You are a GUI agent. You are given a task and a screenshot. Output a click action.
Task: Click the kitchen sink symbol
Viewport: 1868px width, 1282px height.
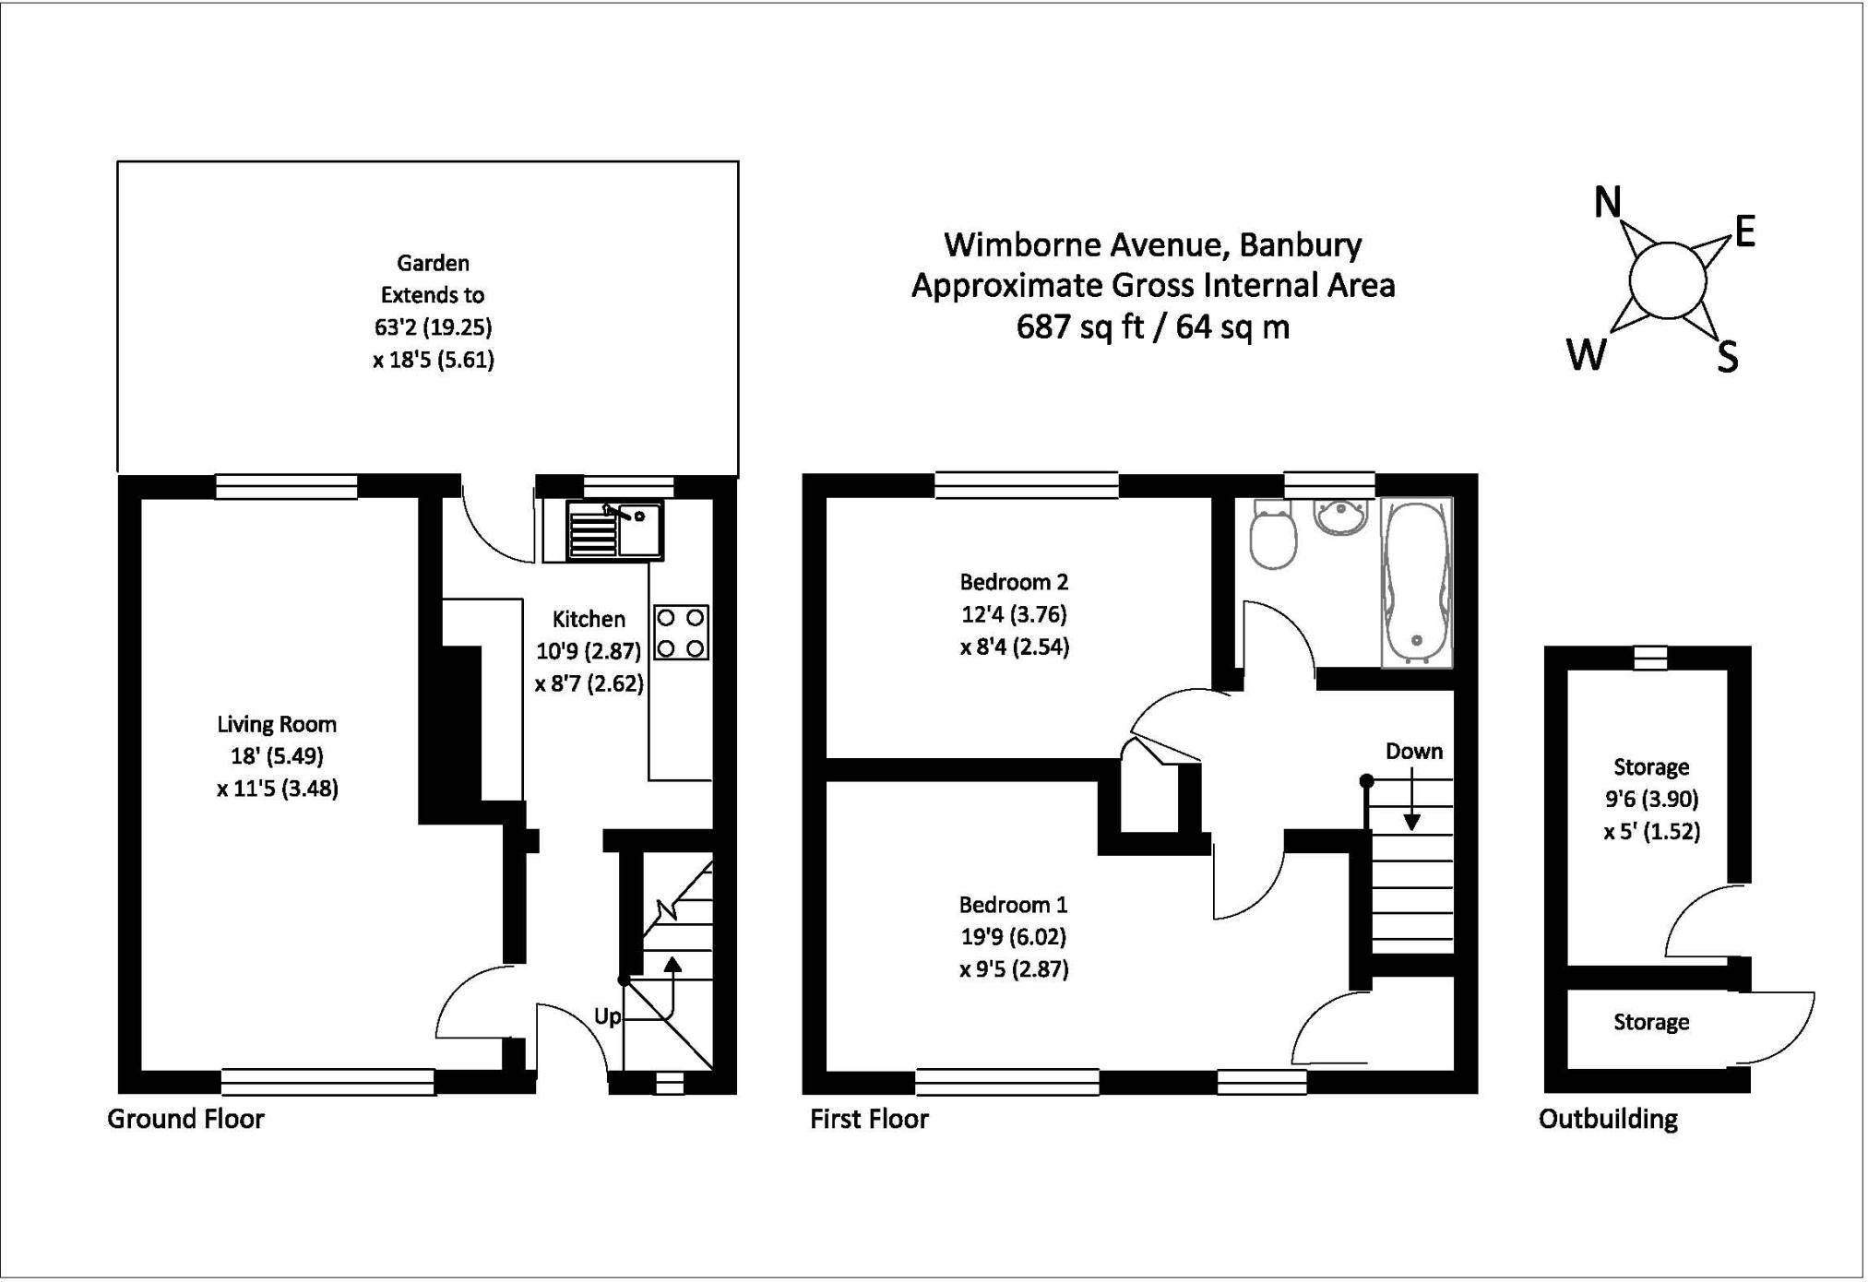(614, 530)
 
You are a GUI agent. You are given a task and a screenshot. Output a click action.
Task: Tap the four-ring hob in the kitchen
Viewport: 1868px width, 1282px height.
(682, 633)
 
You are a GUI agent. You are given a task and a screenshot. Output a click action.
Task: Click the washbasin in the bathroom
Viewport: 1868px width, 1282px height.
(1343, 517)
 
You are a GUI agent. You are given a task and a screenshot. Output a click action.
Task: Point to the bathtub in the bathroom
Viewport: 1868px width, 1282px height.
(1416, 581)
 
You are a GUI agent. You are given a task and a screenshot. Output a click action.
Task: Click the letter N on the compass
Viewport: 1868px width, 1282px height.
(1608, 202)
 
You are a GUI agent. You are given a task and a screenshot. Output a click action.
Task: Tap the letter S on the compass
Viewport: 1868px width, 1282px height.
(1727, 356)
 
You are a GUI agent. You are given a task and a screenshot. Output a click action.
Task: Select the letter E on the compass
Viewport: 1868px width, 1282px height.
(1744, 232)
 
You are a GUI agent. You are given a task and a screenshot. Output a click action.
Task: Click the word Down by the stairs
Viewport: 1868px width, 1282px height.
(1413, 752)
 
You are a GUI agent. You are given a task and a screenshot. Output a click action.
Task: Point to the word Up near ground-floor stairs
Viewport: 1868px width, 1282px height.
(607, 1016)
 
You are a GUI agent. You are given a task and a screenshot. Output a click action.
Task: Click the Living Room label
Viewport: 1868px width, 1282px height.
(277, 724)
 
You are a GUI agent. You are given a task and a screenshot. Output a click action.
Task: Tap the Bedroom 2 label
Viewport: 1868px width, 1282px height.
(1014, 582)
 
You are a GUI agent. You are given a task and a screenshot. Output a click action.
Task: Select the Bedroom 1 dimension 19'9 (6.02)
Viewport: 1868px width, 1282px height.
(1013, 937)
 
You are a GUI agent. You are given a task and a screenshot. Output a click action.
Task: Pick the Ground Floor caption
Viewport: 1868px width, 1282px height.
(185, 1119)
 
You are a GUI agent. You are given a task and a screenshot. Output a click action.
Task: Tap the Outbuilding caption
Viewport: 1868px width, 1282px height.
(1608, 1119)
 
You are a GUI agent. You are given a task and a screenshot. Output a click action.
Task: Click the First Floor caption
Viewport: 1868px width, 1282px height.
(869, 1119)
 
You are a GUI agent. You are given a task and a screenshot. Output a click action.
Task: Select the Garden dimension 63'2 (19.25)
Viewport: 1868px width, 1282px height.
(433, 327)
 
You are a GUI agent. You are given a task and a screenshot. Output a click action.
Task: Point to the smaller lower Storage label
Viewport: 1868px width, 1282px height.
(1650, 1022)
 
